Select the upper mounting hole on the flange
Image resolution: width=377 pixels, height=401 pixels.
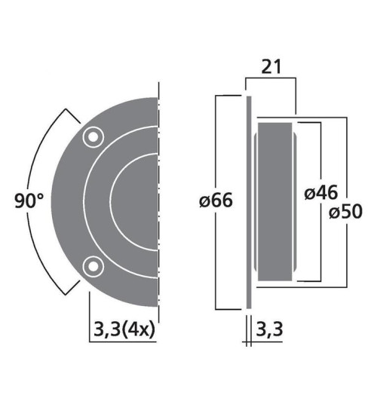point(93,136)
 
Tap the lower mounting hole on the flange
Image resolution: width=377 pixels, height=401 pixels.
point(93,265)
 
